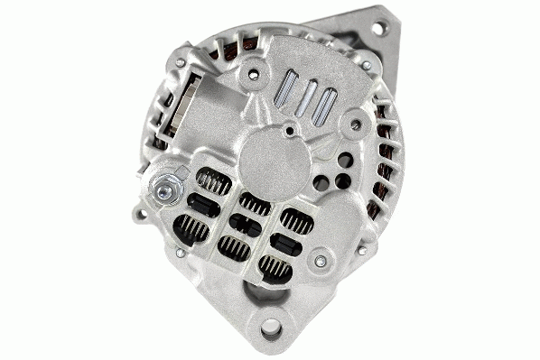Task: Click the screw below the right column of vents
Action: pos(319,262)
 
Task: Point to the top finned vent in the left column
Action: pos(214,181)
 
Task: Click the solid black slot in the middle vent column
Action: pos(245,226)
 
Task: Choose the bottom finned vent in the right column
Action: pos(274,265)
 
